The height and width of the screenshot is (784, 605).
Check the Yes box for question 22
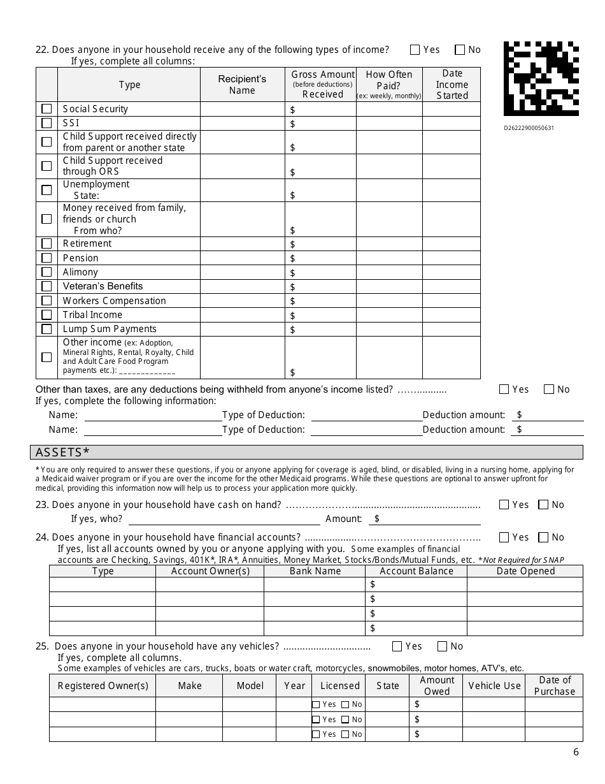coord(415,50)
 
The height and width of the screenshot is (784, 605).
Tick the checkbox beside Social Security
coord(46,109)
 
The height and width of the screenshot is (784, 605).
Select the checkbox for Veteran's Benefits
coord(46,286)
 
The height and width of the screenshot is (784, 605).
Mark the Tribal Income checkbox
coord(46,315)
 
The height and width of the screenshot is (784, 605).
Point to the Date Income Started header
coord(452,85)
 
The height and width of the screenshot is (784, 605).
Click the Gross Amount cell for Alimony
coord(320,272)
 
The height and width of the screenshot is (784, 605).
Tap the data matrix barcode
coord(541,79)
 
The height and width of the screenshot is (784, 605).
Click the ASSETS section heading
coord(62,453)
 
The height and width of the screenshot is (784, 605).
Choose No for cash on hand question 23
coord(543,505)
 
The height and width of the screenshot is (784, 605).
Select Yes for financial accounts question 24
coord(504,537)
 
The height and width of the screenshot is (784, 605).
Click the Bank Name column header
coord(315,571)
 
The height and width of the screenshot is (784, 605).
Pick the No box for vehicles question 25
coord(443,646)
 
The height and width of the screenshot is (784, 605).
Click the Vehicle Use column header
coord(494,686)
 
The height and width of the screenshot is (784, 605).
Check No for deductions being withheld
coord(549,389)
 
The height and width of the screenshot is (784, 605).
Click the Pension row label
coord(80,258)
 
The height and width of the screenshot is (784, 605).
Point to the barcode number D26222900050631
coord(529,127)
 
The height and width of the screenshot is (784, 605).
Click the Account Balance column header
coord(416,571)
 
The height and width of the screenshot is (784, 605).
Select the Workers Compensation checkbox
coord(46,301)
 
